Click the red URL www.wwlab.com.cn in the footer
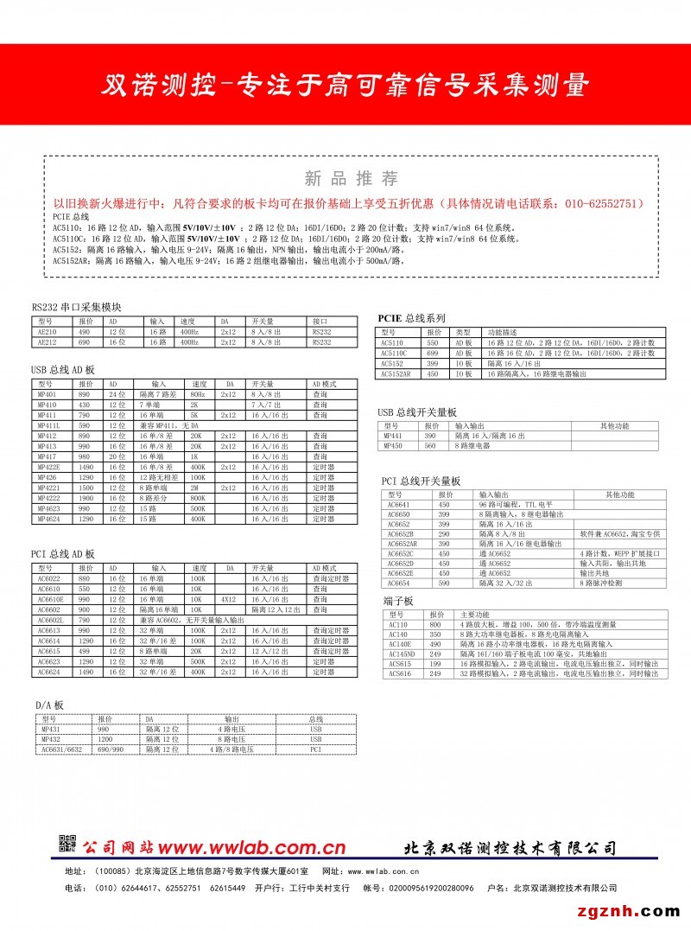point(250,847)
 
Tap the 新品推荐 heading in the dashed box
point(352,179)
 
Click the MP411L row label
point(48,426)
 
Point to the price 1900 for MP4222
point(86,499)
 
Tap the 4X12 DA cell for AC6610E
point(226,598)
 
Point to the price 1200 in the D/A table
point(105,740)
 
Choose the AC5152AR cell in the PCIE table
point(396,374)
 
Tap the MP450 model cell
point(393,446)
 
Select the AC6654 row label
point(398,583)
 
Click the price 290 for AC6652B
point(444,534)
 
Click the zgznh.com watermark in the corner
point(636,911)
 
